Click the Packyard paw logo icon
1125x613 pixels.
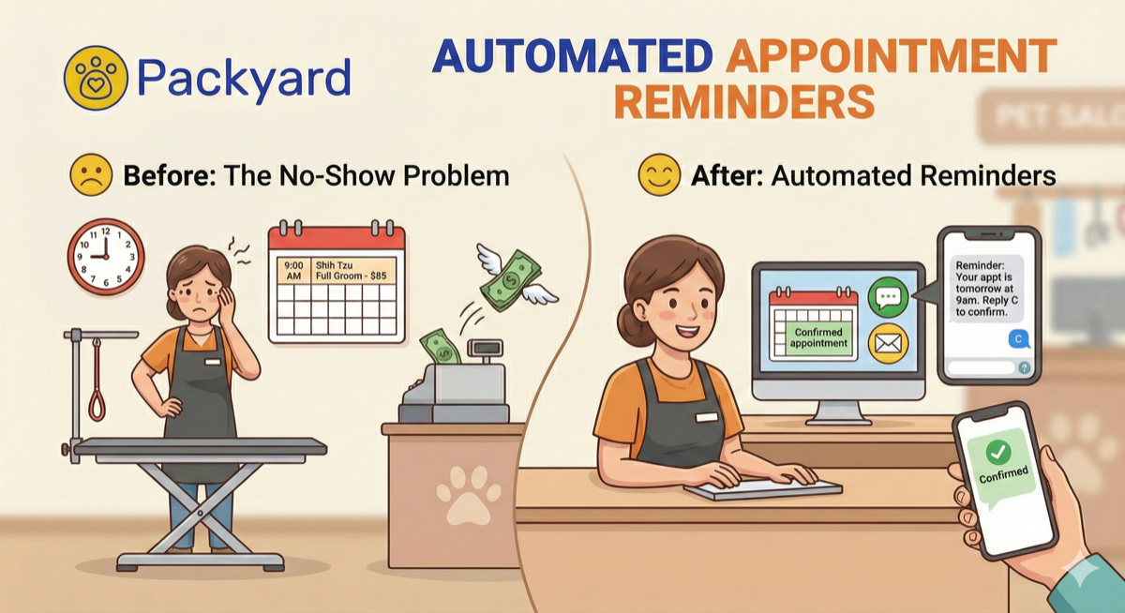(94, 79)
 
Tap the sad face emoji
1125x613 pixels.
(91, 176)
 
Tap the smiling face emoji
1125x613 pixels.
(658, 175)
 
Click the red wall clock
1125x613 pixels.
(106, 256)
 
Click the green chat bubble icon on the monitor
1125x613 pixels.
(887, 299)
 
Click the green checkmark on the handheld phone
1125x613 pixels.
(998, 453)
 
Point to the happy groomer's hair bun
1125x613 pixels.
(627, 324)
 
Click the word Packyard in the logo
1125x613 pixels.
(245, 79)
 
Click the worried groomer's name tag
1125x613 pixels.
(213, 361)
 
